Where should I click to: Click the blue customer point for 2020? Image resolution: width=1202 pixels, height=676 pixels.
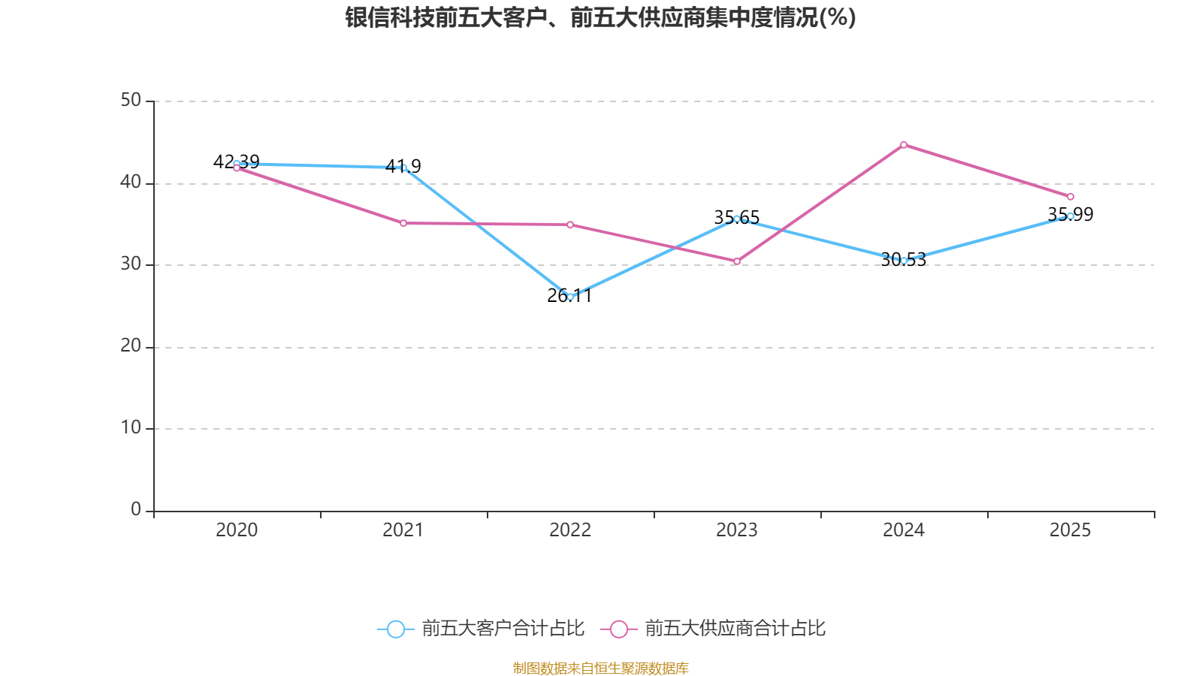click(x=237, y=164)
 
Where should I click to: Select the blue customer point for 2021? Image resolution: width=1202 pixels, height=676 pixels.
click(x=403, y=167)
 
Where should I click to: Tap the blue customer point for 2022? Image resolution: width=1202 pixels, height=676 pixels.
click(x=570, y=297)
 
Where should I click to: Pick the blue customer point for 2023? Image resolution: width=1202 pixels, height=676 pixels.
click(x=737, y=219)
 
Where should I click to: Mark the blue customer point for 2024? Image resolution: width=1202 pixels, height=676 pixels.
click(x=904, y=261)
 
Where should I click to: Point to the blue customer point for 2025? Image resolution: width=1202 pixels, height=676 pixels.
click(x=1071, y=216)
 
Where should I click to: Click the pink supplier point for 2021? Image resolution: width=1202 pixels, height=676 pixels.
click(x=403, y=223)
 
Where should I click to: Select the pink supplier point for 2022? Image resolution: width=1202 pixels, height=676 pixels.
click(x=570, y=225)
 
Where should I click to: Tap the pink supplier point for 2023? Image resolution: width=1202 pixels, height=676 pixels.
click(x=737, y=261)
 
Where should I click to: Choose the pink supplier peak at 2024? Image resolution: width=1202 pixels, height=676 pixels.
click(x=904, y=144)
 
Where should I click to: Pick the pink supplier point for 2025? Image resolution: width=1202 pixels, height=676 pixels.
click(x=1071, y=197)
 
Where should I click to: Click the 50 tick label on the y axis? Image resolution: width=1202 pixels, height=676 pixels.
click(x=131, y=100)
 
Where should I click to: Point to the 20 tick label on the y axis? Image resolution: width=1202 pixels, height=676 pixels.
click(x=131, y=346)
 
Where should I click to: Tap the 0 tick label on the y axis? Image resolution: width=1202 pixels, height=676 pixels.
click(x=136, y=509)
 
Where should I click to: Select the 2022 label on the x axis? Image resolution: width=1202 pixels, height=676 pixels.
click(x=570, y=530)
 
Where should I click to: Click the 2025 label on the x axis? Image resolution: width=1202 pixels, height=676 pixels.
click(x=1071, y=530)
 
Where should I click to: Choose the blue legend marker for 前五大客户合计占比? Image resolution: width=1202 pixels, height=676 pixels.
click(x=395, y=629)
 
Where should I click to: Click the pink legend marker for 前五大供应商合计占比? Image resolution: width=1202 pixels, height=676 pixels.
click(x=618, y=629)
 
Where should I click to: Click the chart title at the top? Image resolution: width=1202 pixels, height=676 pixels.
click(x=600, y=17)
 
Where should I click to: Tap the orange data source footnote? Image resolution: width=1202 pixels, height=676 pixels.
click(x=600, y=668)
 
